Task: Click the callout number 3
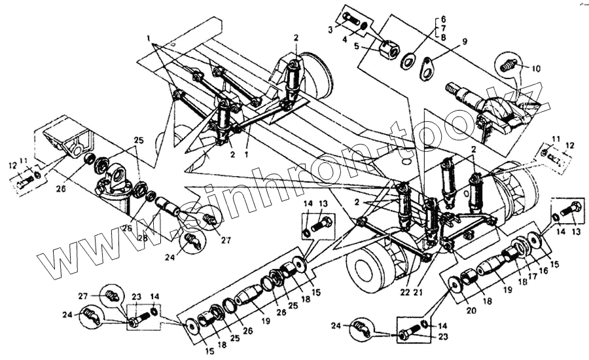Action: click(x=331, y=29)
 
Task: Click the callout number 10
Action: click(x=537, y=68)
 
